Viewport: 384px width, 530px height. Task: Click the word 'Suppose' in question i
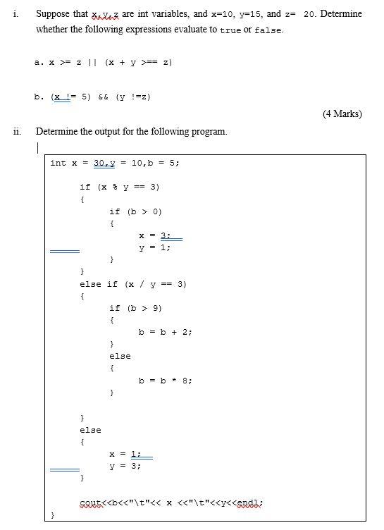pyautogui.click(x=55, y=14)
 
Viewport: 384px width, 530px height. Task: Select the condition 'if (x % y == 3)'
pyautogui.click(x=119, y=187)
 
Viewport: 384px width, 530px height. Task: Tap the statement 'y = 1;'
pyautogui.click(x=155, y=247)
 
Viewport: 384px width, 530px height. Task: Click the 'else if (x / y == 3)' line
pyautogui.click(x=133, y=284)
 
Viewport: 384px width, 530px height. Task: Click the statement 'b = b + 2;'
pyautogui.click(x=165, y=332)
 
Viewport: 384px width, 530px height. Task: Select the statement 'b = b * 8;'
pyautogui.click(x=165, y=381)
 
